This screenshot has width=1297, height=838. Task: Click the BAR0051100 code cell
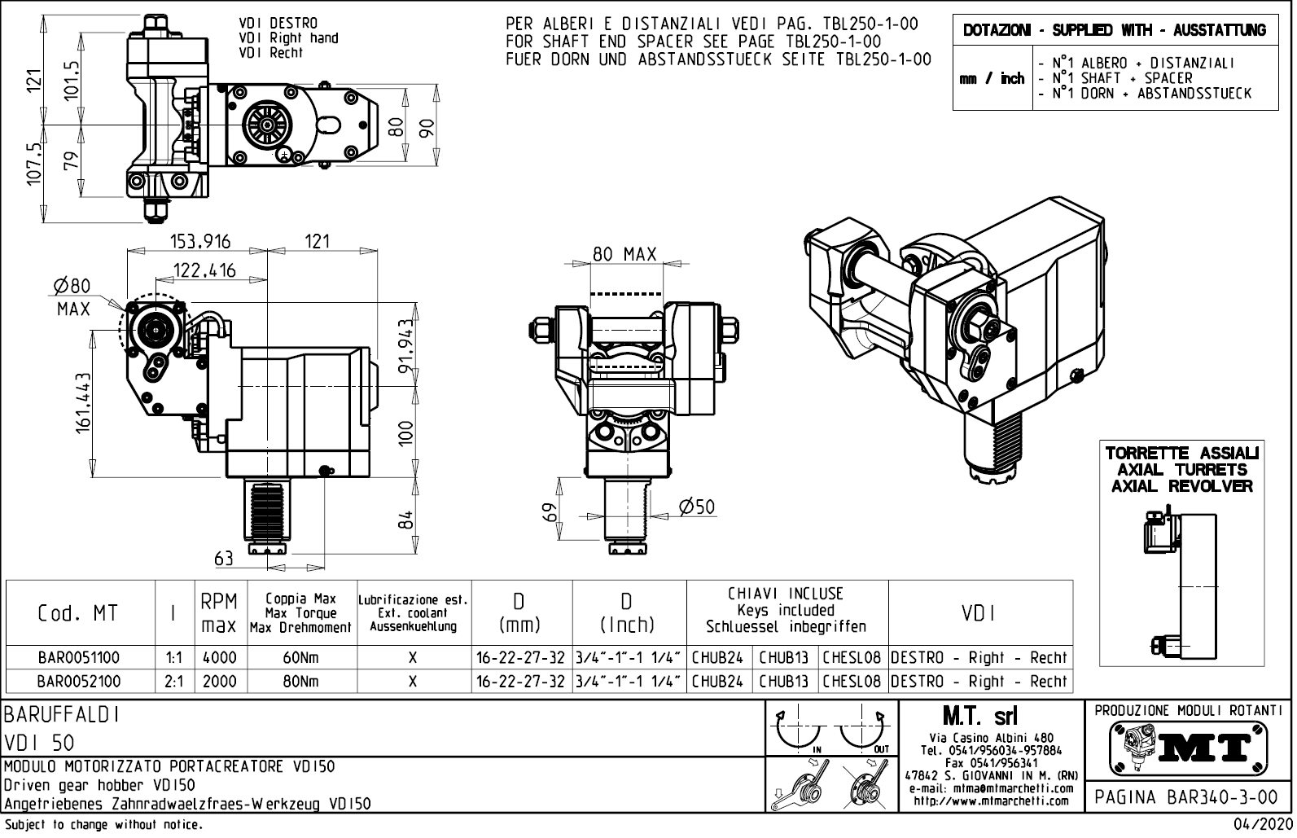[79, 657]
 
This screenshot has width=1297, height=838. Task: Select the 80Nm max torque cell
[300, 681]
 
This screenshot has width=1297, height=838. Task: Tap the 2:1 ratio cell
[173, 681]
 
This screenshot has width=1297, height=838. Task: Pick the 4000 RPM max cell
[219, 657]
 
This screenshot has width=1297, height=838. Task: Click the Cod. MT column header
[78, 612]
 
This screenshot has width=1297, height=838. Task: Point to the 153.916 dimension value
[199, 241]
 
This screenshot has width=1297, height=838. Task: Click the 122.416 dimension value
[204, 270]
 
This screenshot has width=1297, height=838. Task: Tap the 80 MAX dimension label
[624, 254]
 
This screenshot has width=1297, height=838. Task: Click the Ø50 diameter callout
[696, 507]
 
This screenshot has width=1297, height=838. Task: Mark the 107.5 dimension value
[34, 164]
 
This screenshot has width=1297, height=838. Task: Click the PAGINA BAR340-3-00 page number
[1186, 797]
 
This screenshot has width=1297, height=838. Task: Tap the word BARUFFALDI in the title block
[63, 715]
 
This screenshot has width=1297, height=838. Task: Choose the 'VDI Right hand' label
[288, 37]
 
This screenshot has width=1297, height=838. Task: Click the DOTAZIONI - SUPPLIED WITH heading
[1114, 30]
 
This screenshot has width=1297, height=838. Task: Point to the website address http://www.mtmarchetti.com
[991, 801]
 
